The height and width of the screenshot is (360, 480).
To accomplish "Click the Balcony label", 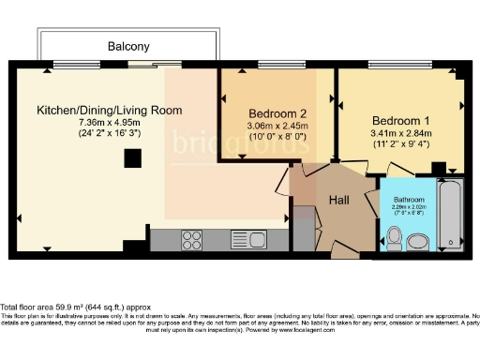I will tap(127, 46).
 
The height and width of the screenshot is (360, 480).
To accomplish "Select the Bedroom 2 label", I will tap(277, 112).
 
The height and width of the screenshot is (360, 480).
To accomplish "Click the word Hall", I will tap(339, 200).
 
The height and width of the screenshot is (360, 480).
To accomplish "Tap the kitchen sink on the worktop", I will tap(247, 239).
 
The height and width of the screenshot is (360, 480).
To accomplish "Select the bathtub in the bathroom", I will tap(452, 215).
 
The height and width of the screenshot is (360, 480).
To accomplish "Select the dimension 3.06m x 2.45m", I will tap(277, 126).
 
